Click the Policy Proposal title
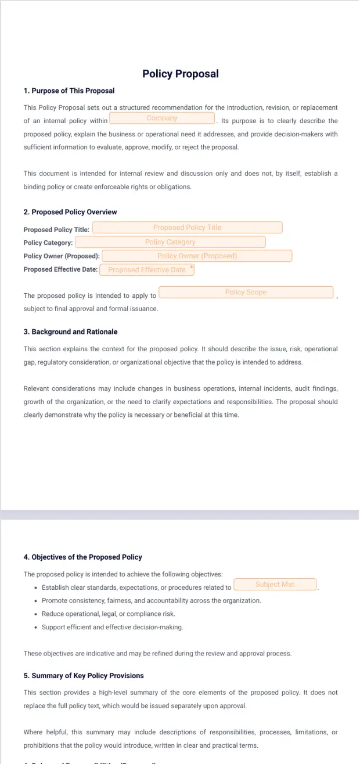(x=180, y=74)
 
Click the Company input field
(x=162, y=118)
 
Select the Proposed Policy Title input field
(x=187, y=228)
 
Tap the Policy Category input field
(x=170, y=242)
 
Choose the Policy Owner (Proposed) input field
(x=197, y=256)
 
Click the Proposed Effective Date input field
(x=146, y=270)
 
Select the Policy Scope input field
(x=246, y=293)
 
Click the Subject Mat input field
(x=275, y=585)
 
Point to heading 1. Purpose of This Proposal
(x=69, y=91)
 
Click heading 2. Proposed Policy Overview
(x=70, y=212)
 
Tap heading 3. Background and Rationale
(x=70, y=332)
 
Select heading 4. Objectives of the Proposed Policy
(x=82, y=557)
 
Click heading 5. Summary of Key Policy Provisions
(x=84, y=676)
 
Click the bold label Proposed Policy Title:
(x=56, y=230)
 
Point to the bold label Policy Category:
(x=48, y=243)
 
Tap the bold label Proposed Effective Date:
(x=60, y=269)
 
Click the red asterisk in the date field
(x=192, y=267)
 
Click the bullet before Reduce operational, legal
(x=36, y=614)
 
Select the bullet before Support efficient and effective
(x=36, y=628)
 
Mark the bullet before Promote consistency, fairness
(x=36, y=601)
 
